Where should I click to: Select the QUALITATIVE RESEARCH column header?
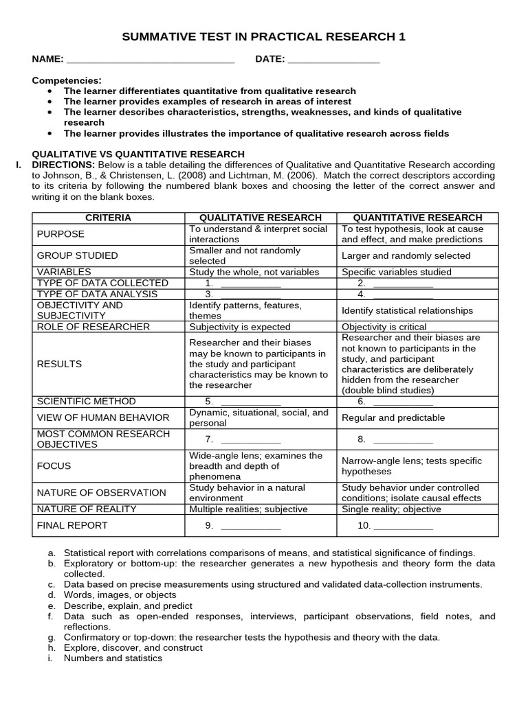[261, 218]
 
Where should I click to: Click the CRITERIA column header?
[108, 218]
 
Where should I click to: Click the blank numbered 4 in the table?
[403, 295]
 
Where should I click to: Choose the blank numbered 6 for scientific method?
[403, 402]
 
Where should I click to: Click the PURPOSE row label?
[60, 234]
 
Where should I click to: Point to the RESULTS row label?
[59, 364]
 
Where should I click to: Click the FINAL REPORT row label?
[72, 526]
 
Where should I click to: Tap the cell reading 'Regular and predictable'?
[393, 418]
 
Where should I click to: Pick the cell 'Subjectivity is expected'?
[240, 327]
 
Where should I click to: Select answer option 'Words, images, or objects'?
[120, 595]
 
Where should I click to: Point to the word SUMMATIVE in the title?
[159, 37]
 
